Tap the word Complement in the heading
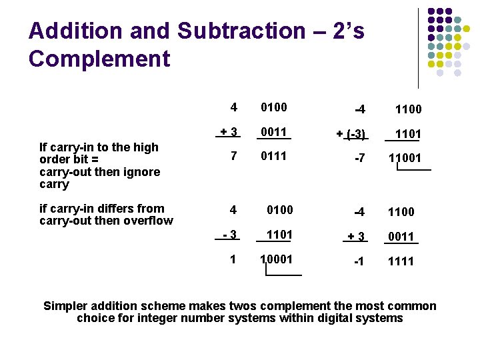tap(99, 59)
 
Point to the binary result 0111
tap(273, 156)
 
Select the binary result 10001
tap(276, 259)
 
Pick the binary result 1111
tap(401, 261)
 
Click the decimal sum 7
tap(233, 156)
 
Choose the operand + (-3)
tap(351, 134)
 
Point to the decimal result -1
tap(359, 261)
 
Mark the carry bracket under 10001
tap(283, 270)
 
